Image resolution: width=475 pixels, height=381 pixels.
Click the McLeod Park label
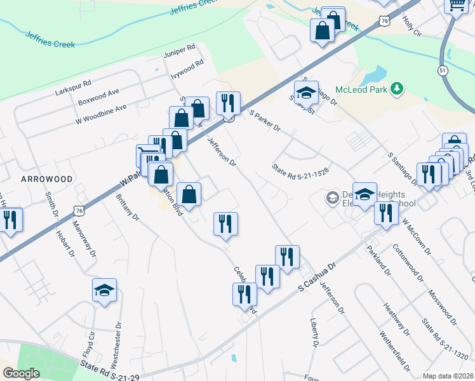(x=361, y=90)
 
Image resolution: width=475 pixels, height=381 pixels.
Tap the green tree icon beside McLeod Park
(x=398, y=88)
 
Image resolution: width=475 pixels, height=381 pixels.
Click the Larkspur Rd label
(x=74, y=83)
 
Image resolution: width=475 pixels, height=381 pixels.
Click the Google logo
(x=21, y=373)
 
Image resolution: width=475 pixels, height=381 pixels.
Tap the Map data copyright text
(x=447, y=376)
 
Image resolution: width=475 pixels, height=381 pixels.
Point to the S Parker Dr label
(x=265, y=121)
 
